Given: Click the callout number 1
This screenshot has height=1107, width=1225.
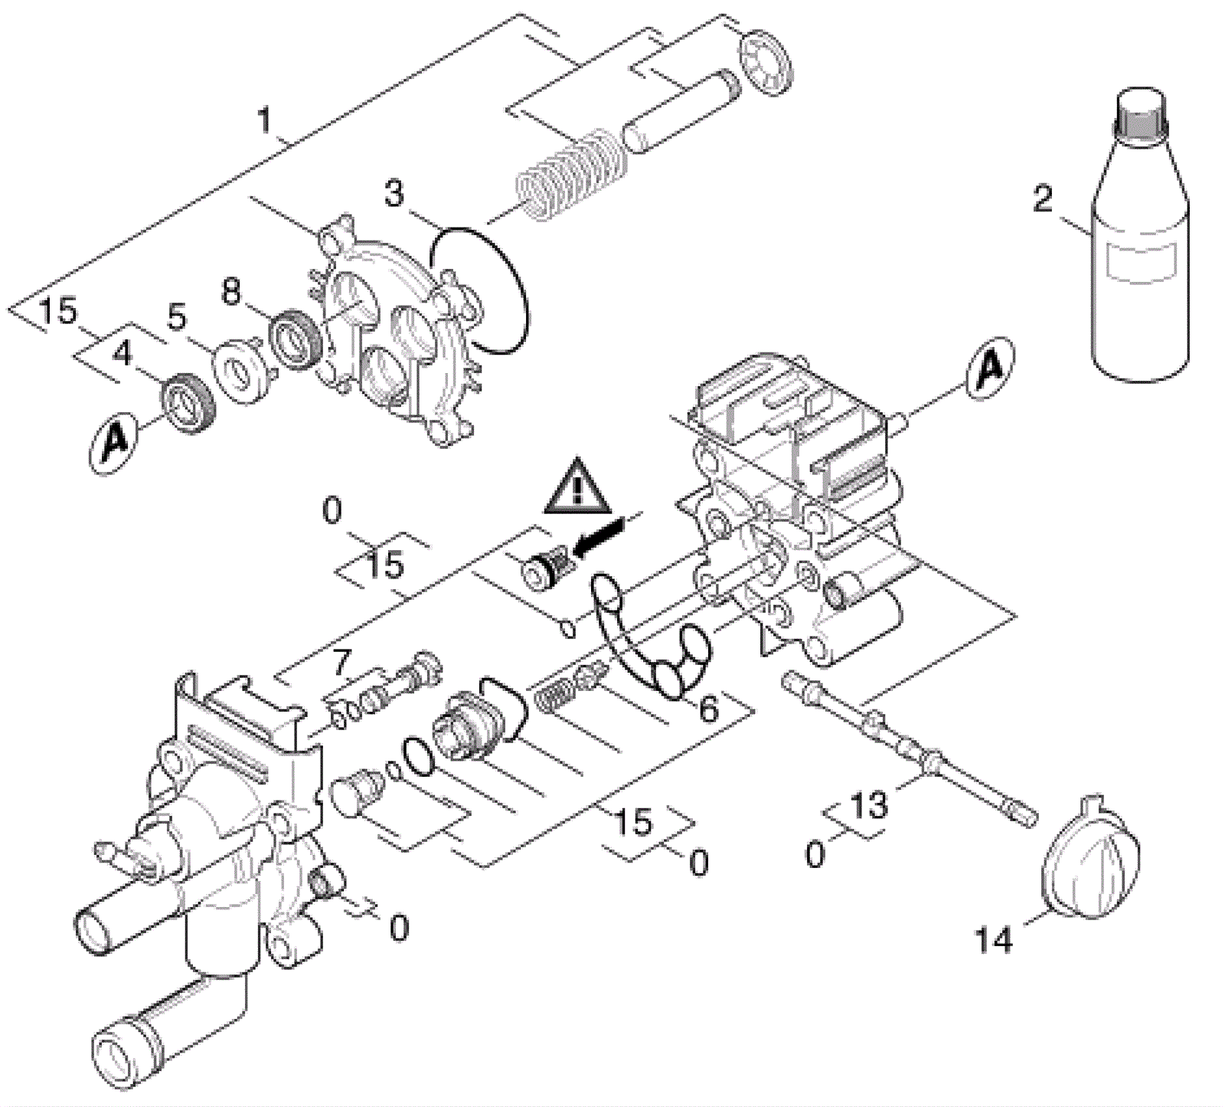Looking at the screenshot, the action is pos(264,120).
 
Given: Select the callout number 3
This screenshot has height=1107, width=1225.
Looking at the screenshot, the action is pos(394,194).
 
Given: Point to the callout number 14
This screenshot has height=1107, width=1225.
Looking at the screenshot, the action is pos(994,939).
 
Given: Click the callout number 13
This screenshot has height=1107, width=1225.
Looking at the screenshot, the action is pos(868,805).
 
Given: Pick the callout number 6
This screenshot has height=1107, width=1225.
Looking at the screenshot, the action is pos(709,710).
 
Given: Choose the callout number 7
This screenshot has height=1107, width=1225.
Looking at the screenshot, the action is pos(341,663).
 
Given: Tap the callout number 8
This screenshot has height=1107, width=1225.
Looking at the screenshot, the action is pos(230,291).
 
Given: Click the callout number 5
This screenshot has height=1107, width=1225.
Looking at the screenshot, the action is pos(177,317).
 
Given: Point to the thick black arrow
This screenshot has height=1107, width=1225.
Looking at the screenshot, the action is pos(600,536).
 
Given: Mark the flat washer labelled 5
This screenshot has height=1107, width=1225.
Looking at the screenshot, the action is pos(242,373).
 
